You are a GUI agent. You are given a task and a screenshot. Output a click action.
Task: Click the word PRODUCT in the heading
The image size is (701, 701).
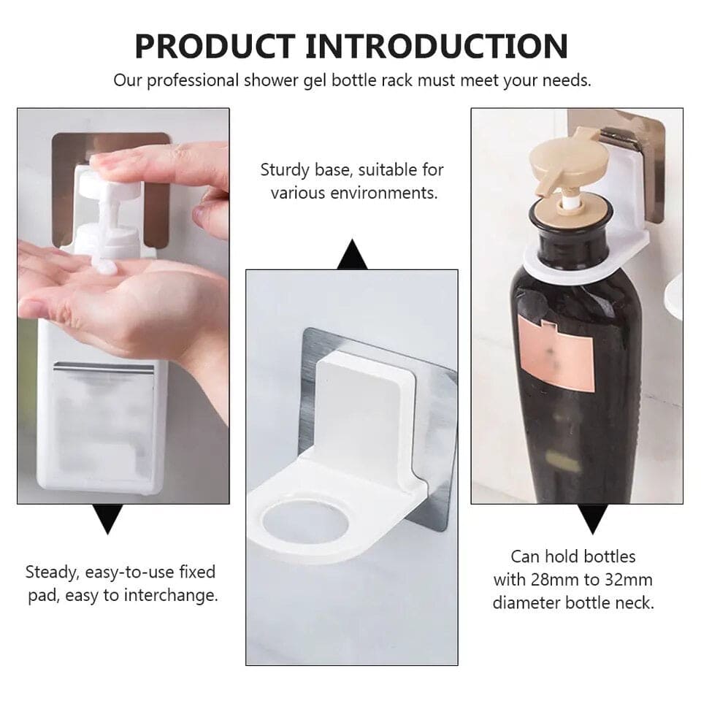[x=215, y=46]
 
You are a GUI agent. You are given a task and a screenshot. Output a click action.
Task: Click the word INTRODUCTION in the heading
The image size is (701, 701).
[x=437, y=46]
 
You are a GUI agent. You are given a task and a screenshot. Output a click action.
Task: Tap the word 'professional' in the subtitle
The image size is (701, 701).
[x=191, y=80]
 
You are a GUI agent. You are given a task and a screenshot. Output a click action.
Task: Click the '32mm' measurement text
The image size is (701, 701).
[x=628, y=580]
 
